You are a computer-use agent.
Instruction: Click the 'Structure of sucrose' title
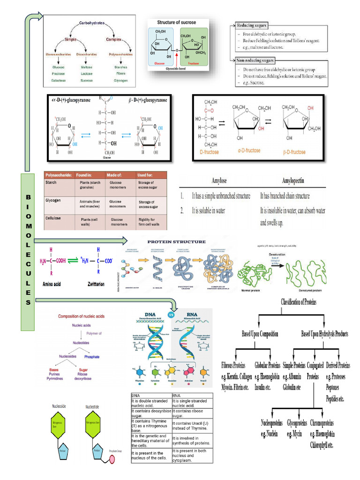point(177,22)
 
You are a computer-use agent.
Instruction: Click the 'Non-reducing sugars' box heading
point(255,60)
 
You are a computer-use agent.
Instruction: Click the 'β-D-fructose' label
point(294,152)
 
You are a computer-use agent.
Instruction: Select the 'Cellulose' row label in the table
point(54,218)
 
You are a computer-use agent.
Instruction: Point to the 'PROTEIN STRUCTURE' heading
point(177,242)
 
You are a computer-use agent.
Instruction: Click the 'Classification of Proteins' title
point(299,302)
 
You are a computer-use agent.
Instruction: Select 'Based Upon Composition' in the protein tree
point(260,334)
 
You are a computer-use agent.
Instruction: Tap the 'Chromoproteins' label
point(322,423)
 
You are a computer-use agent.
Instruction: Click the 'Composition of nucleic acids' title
point(81,316)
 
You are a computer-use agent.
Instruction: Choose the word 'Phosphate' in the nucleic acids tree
point(92,357)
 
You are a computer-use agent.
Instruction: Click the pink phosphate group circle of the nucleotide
point(112,459)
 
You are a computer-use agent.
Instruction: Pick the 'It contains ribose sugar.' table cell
point(190,413)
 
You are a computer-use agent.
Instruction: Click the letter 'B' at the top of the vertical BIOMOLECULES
point(28,196)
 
